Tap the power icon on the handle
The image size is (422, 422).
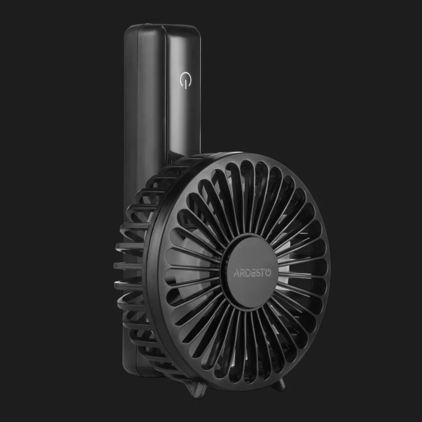pos(185,80)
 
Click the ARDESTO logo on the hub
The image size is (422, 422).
pos(252,273)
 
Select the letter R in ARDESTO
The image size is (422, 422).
pos(242,273)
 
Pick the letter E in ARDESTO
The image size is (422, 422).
pos(253,273)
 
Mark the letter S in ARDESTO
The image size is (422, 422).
pos(258,273)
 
